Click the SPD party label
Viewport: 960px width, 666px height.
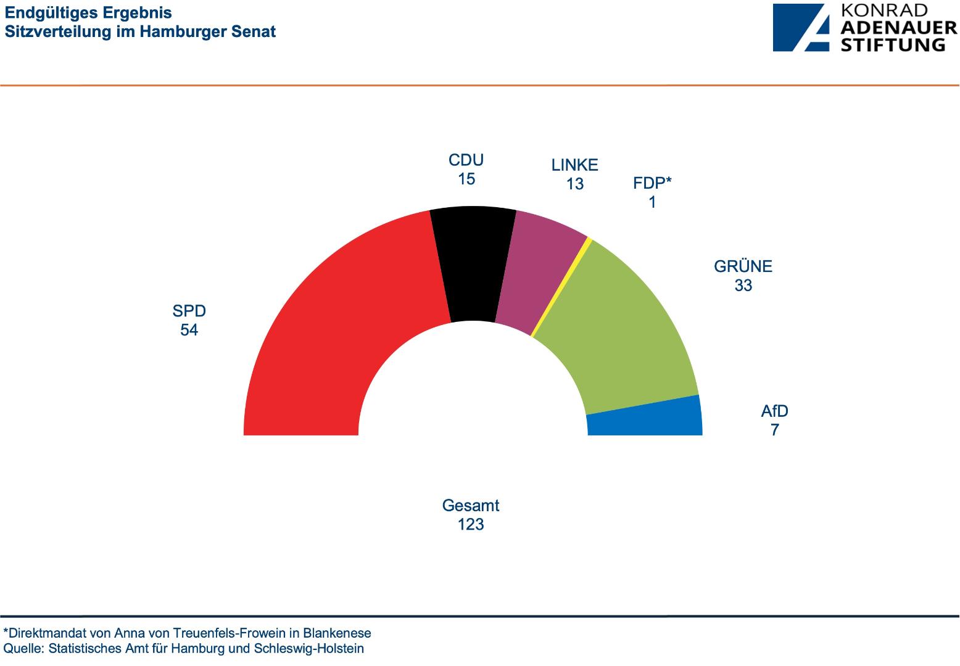(x=189, y=311)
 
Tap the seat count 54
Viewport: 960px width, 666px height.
(x=189, y=331)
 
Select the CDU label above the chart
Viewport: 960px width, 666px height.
(x=466, y=160)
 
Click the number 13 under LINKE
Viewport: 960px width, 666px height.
(x=575, y=184)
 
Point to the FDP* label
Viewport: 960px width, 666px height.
(x=652, y=183)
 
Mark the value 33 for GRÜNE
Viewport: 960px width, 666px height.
(x=743, y=286)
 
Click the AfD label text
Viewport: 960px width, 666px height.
(x=775, y=411)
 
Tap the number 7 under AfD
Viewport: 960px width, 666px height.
(x=775, y=430)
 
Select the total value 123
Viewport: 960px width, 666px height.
(x=471, y=525)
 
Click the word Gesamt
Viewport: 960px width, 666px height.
(x=471, y=506)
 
